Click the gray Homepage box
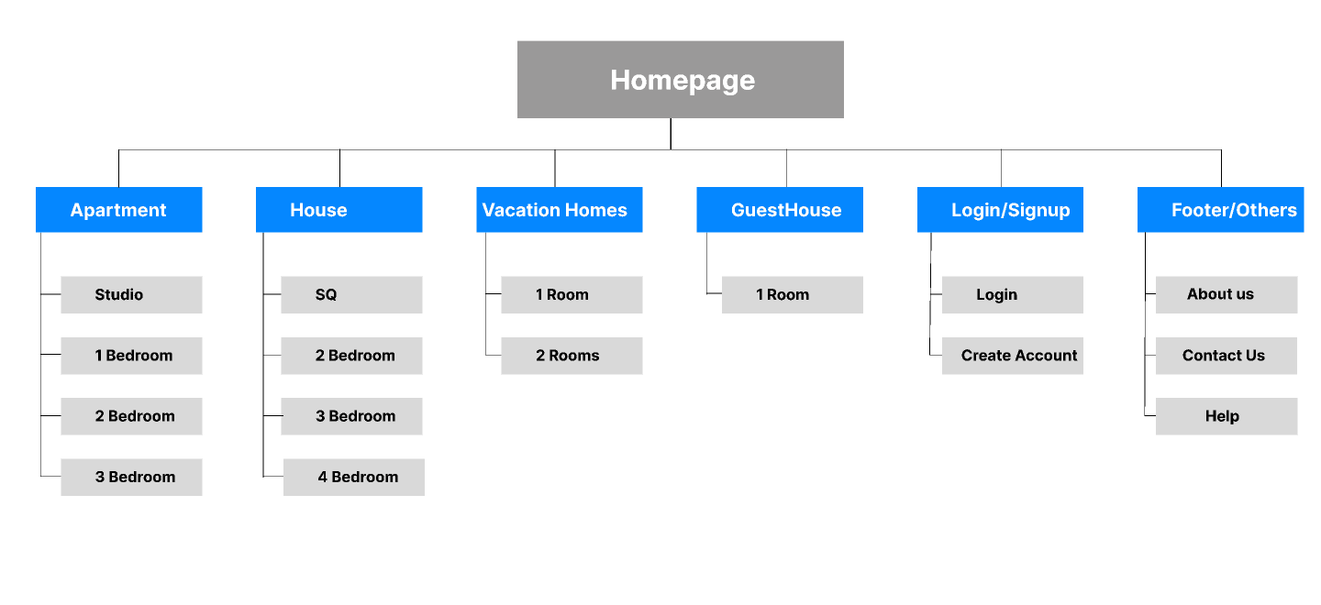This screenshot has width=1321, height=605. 680,80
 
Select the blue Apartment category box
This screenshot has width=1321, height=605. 118,210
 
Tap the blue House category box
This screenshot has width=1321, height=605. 339,210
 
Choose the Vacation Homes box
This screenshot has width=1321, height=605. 559,210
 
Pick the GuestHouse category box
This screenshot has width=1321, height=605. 779,210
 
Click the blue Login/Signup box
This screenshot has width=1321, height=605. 1000,210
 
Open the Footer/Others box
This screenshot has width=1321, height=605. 1220,210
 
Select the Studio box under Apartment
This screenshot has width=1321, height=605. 131,295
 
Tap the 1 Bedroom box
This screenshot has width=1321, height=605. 131,356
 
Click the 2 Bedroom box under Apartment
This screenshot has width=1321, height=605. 131,416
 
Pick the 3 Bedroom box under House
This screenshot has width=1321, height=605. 351,416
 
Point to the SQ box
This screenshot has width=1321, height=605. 351,295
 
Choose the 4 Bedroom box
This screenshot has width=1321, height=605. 354,477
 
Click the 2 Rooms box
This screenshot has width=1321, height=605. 572,356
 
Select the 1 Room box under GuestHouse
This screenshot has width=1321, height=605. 792,295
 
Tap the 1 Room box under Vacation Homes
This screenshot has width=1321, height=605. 572,295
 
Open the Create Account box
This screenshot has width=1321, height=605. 1012,356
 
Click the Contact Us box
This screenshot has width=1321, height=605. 1226,356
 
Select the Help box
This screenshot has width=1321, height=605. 1226,416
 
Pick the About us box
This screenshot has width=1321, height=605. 1226,294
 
